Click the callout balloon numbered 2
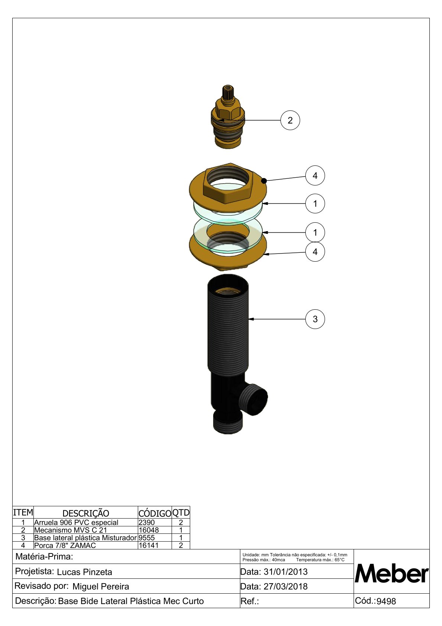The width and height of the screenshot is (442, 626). pyautogui.click(x=290, y=120)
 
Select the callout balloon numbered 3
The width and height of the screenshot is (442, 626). pyautogui.click(x=315, y=319)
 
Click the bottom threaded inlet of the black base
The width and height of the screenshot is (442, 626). pyautogui.click(x=228, y=423)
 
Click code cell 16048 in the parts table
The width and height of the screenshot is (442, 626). pyautogui.click(x=149, y=530)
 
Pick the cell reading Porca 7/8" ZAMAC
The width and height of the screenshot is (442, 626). pyautogui.click(x=65, y=545)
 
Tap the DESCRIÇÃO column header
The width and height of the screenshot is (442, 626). pyautogui.click(x=85, y=513)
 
